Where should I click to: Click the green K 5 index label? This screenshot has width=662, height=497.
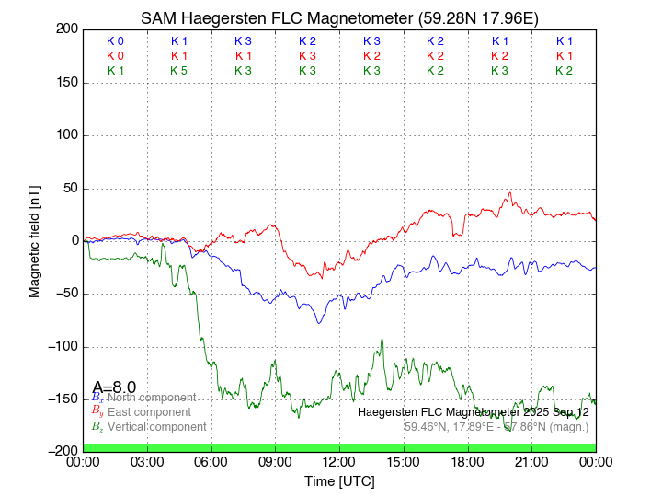pos(179,71)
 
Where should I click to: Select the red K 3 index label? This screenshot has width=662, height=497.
pos(307,56)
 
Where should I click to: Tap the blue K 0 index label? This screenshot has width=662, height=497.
pos(115,41)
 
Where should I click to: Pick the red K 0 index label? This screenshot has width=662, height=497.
pos(115,56)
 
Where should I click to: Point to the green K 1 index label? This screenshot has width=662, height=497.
pos(115,71)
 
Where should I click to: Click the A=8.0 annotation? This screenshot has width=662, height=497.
pos(114,387)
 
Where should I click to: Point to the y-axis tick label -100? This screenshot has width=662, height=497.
pos(63,347)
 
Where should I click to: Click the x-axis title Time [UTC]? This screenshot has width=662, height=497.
pos(339,480)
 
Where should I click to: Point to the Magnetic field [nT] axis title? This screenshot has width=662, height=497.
pos(34,239)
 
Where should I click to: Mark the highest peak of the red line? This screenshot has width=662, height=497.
pos(510,193)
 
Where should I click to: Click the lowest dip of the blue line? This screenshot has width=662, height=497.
pos(319,323)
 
